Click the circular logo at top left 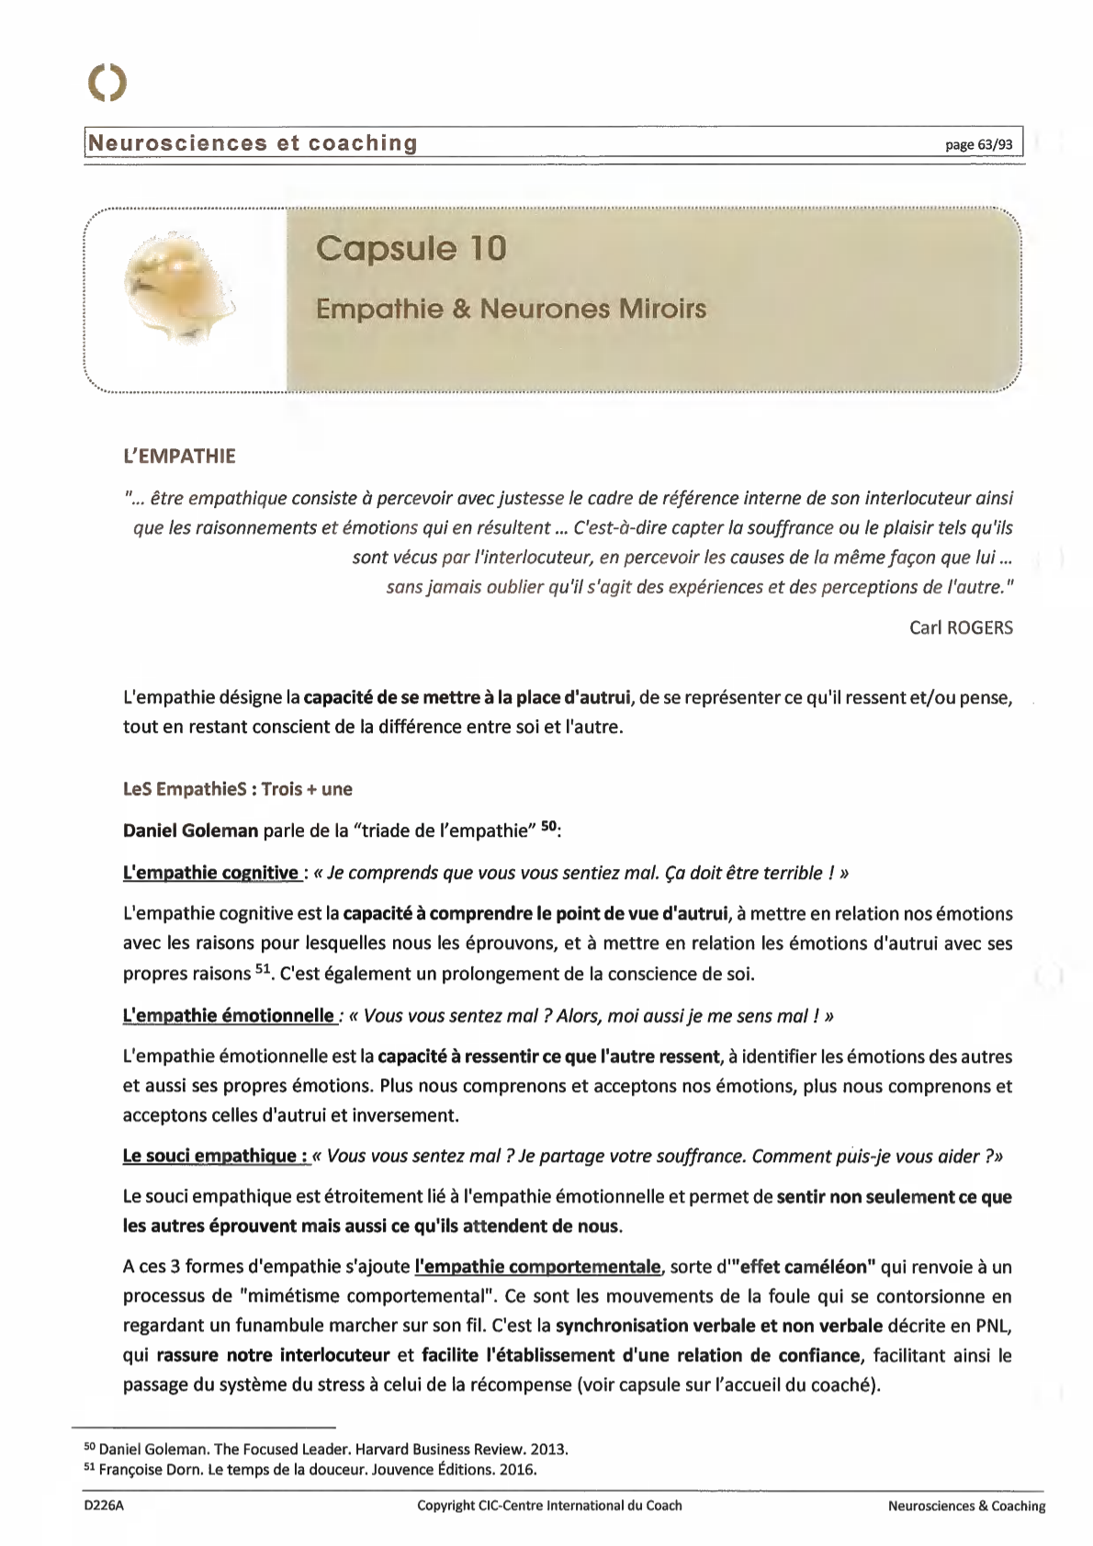(x=107, y=84)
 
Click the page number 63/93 (x=979, y=145)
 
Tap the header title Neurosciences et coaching (x=252, y=143)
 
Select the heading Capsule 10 (x=411, y=248)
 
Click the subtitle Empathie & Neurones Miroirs (x=511, y=308)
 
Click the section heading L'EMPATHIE (x=179, y=457)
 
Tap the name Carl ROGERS (x=961, y=627)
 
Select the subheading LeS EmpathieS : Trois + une (x=238, y=789)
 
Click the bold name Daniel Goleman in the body (x=190, y=831)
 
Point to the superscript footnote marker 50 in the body (x=548, y=827)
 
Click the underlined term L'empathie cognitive (x=210, y=873)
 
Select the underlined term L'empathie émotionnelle (x=229, y=1016)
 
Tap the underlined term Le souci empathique (x=215, y=1156)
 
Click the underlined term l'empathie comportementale (x=537, y=1267)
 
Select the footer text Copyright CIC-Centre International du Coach (x=549, y=1506)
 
